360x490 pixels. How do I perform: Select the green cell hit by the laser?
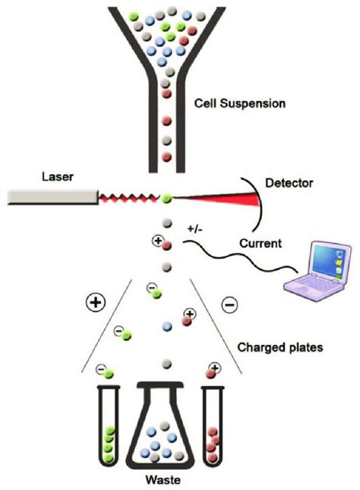coord(166,199)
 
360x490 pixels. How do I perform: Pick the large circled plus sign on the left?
coord(96,303)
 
